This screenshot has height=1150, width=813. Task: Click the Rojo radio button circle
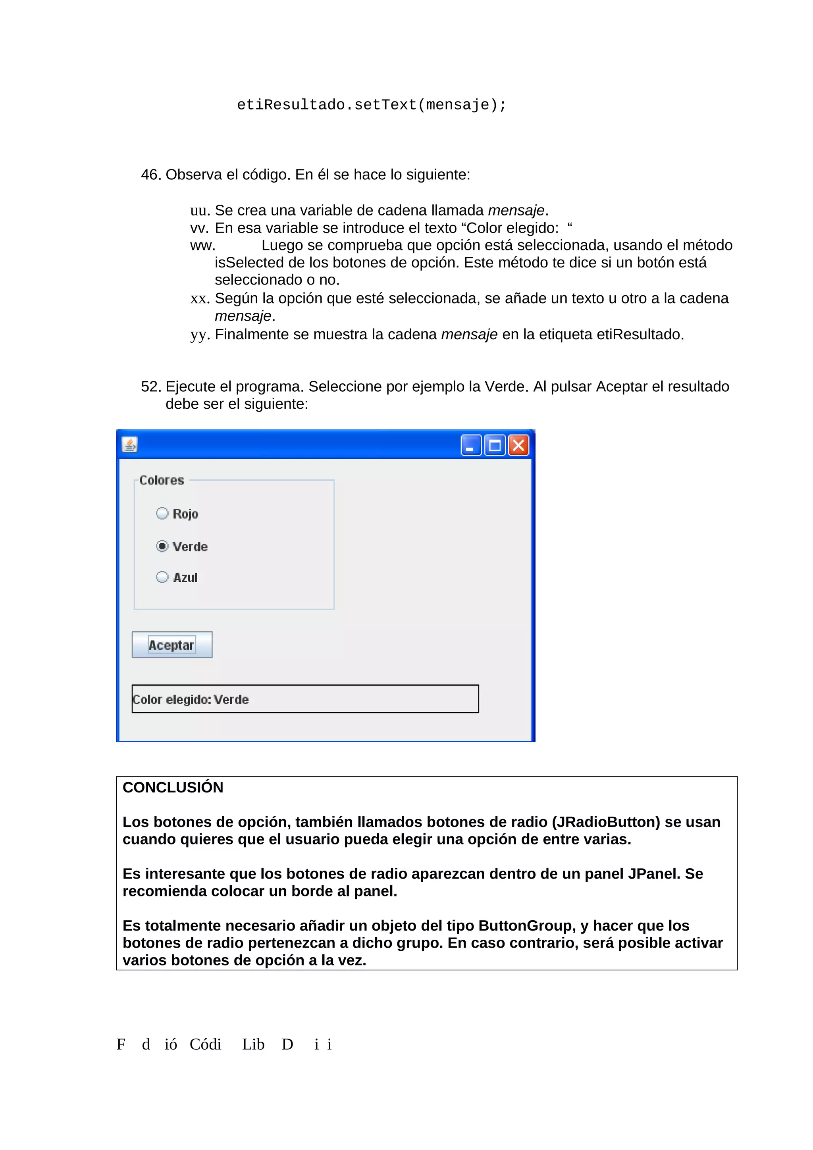coord(162,513)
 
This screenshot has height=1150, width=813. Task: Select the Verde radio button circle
coord(162,546)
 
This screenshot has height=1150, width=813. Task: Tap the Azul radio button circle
coord(162,577)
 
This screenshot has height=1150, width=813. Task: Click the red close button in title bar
coord(518,445)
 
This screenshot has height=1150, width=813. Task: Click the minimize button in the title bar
coord(471,445)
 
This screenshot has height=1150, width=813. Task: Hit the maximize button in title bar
coord(495,445)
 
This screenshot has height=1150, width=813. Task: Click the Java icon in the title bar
coord(130,445)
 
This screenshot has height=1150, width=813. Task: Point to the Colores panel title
coord(161,480)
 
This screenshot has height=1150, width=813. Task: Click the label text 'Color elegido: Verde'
coord(191,700)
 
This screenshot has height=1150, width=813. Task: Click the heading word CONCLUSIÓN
coord(173,787)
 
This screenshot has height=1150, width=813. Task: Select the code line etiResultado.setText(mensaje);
coord(372,105)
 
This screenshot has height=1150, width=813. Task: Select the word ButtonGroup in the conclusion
coord(527,926)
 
